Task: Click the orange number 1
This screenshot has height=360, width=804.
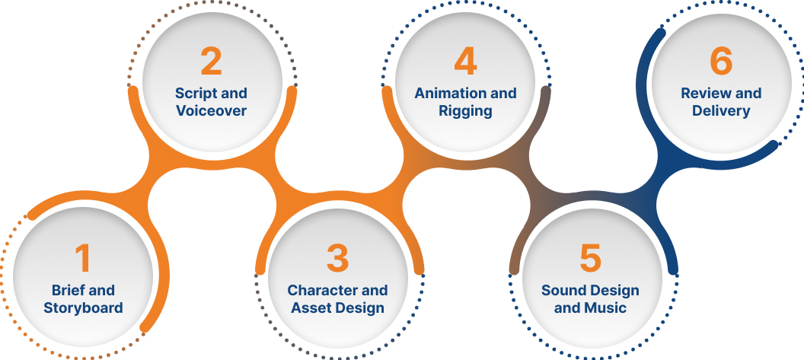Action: point(82,258)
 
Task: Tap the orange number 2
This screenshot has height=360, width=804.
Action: point(211,62)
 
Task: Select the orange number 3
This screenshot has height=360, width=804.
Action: point(337,259)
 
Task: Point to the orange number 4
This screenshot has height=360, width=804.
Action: point(465,62)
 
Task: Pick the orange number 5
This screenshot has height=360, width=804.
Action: point(590,259)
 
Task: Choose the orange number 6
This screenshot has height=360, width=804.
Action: point(720,62)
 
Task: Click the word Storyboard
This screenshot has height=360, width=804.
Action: point(83,308)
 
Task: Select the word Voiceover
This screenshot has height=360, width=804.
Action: point(211,111)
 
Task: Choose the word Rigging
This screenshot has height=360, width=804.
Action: point(465,111)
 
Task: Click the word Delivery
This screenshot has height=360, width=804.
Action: point(721,111)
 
